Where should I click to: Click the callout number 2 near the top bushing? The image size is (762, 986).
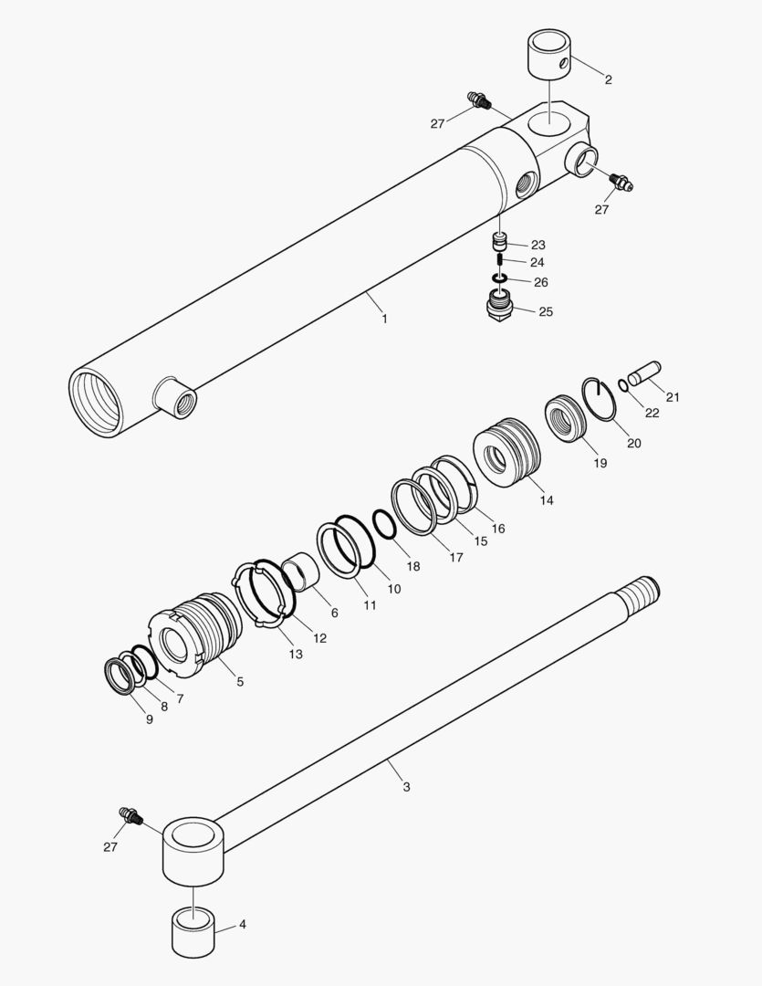608,80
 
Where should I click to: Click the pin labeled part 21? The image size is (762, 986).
645,372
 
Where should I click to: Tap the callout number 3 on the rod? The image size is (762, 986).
406,786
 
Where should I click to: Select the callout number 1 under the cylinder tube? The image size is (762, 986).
384,319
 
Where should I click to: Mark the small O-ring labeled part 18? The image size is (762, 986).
384,525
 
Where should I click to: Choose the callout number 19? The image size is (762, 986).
600,464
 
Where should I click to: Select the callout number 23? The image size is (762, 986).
538,245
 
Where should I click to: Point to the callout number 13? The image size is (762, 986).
297,654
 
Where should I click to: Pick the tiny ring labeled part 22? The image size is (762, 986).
623,384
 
